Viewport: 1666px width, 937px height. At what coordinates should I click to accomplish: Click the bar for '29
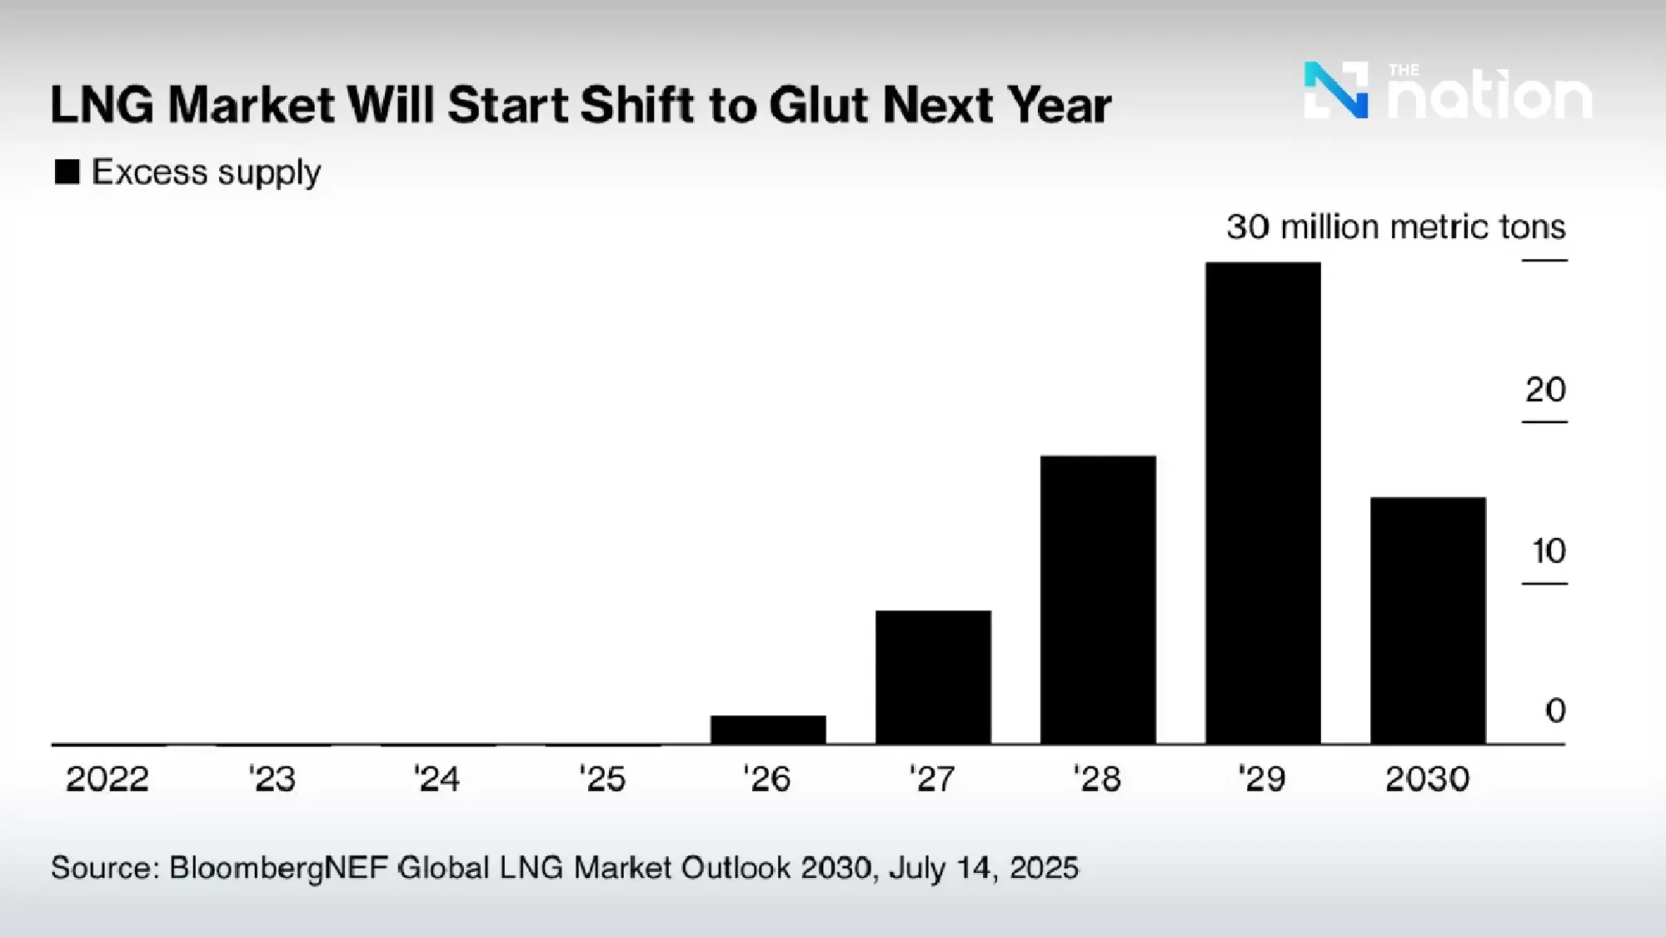(x=1263, y=503)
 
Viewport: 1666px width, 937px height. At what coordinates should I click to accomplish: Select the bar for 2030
(x=1428, y=621)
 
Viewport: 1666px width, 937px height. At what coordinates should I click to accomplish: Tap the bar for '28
(x=1098, y=600)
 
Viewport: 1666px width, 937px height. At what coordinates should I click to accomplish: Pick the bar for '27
(x=933, y=677)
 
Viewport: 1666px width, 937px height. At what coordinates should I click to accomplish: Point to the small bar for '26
(x=768, y=730)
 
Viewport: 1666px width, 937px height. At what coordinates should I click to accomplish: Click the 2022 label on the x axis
(x=107, y=780)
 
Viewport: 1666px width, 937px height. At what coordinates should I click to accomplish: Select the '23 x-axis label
(x=272, y=780)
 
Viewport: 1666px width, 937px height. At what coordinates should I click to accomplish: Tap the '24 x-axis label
(x=437, y=780)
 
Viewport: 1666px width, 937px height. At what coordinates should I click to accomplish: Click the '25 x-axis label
(x=602, y=780)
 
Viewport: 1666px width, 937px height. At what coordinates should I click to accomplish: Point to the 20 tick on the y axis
(x=1545, y=390)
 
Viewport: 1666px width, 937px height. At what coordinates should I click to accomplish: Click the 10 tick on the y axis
(x=1549, y=551)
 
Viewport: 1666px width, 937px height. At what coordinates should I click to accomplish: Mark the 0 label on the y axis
(x=1555, y=710)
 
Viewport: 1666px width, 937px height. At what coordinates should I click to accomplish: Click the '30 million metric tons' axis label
(x=1395, y=227)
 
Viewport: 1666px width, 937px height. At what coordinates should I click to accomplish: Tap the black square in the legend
(x=67, y=172)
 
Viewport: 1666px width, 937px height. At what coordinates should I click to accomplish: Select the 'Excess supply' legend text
(x=206, y=172)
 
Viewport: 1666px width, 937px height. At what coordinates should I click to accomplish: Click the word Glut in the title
(x=820, y=106)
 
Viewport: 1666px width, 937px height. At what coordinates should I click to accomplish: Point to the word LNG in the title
(x=102, y=106)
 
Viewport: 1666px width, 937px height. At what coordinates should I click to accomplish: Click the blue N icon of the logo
(x=1335, y=90)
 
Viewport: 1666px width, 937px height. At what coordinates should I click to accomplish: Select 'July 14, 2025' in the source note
(x=983, y=868)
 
